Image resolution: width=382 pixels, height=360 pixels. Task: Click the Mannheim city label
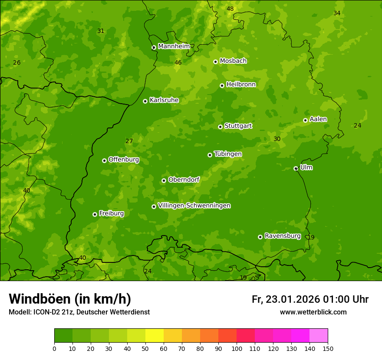174,46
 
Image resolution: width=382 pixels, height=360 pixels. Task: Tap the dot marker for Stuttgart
220,127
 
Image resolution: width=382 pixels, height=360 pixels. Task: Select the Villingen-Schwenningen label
194,206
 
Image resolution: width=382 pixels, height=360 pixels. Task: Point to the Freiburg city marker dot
95,214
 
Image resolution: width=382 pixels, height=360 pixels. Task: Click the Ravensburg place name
282,236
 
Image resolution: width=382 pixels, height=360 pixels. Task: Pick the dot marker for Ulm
296,168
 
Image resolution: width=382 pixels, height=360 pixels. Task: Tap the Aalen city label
318,119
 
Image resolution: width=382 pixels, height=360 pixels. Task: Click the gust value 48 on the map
230,9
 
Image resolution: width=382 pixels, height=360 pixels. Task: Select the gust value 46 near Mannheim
178,62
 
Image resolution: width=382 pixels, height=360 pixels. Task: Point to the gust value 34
337,13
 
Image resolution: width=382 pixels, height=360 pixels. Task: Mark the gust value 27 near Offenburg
129,141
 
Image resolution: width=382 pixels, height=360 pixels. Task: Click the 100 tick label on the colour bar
237,348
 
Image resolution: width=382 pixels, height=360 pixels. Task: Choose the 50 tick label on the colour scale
145,348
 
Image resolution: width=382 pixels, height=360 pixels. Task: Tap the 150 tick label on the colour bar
328,348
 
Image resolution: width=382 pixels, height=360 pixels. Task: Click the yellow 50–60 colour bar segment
155,336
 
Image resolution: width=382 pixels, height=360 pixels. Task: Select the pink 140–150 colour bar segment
319,336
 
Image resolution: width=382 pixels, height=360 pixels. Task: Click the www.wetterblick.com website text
313,312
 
